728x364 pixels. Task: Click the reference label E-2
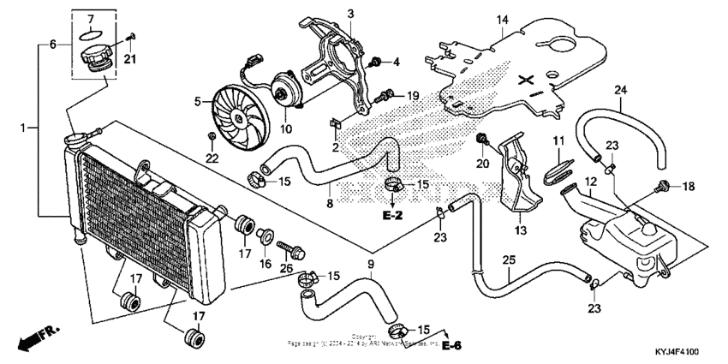392,216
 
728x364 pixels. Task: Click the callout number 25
509,259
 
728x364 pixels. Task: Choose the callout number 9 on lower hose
371,263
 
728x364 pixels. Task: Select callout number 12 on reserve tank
589,182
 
